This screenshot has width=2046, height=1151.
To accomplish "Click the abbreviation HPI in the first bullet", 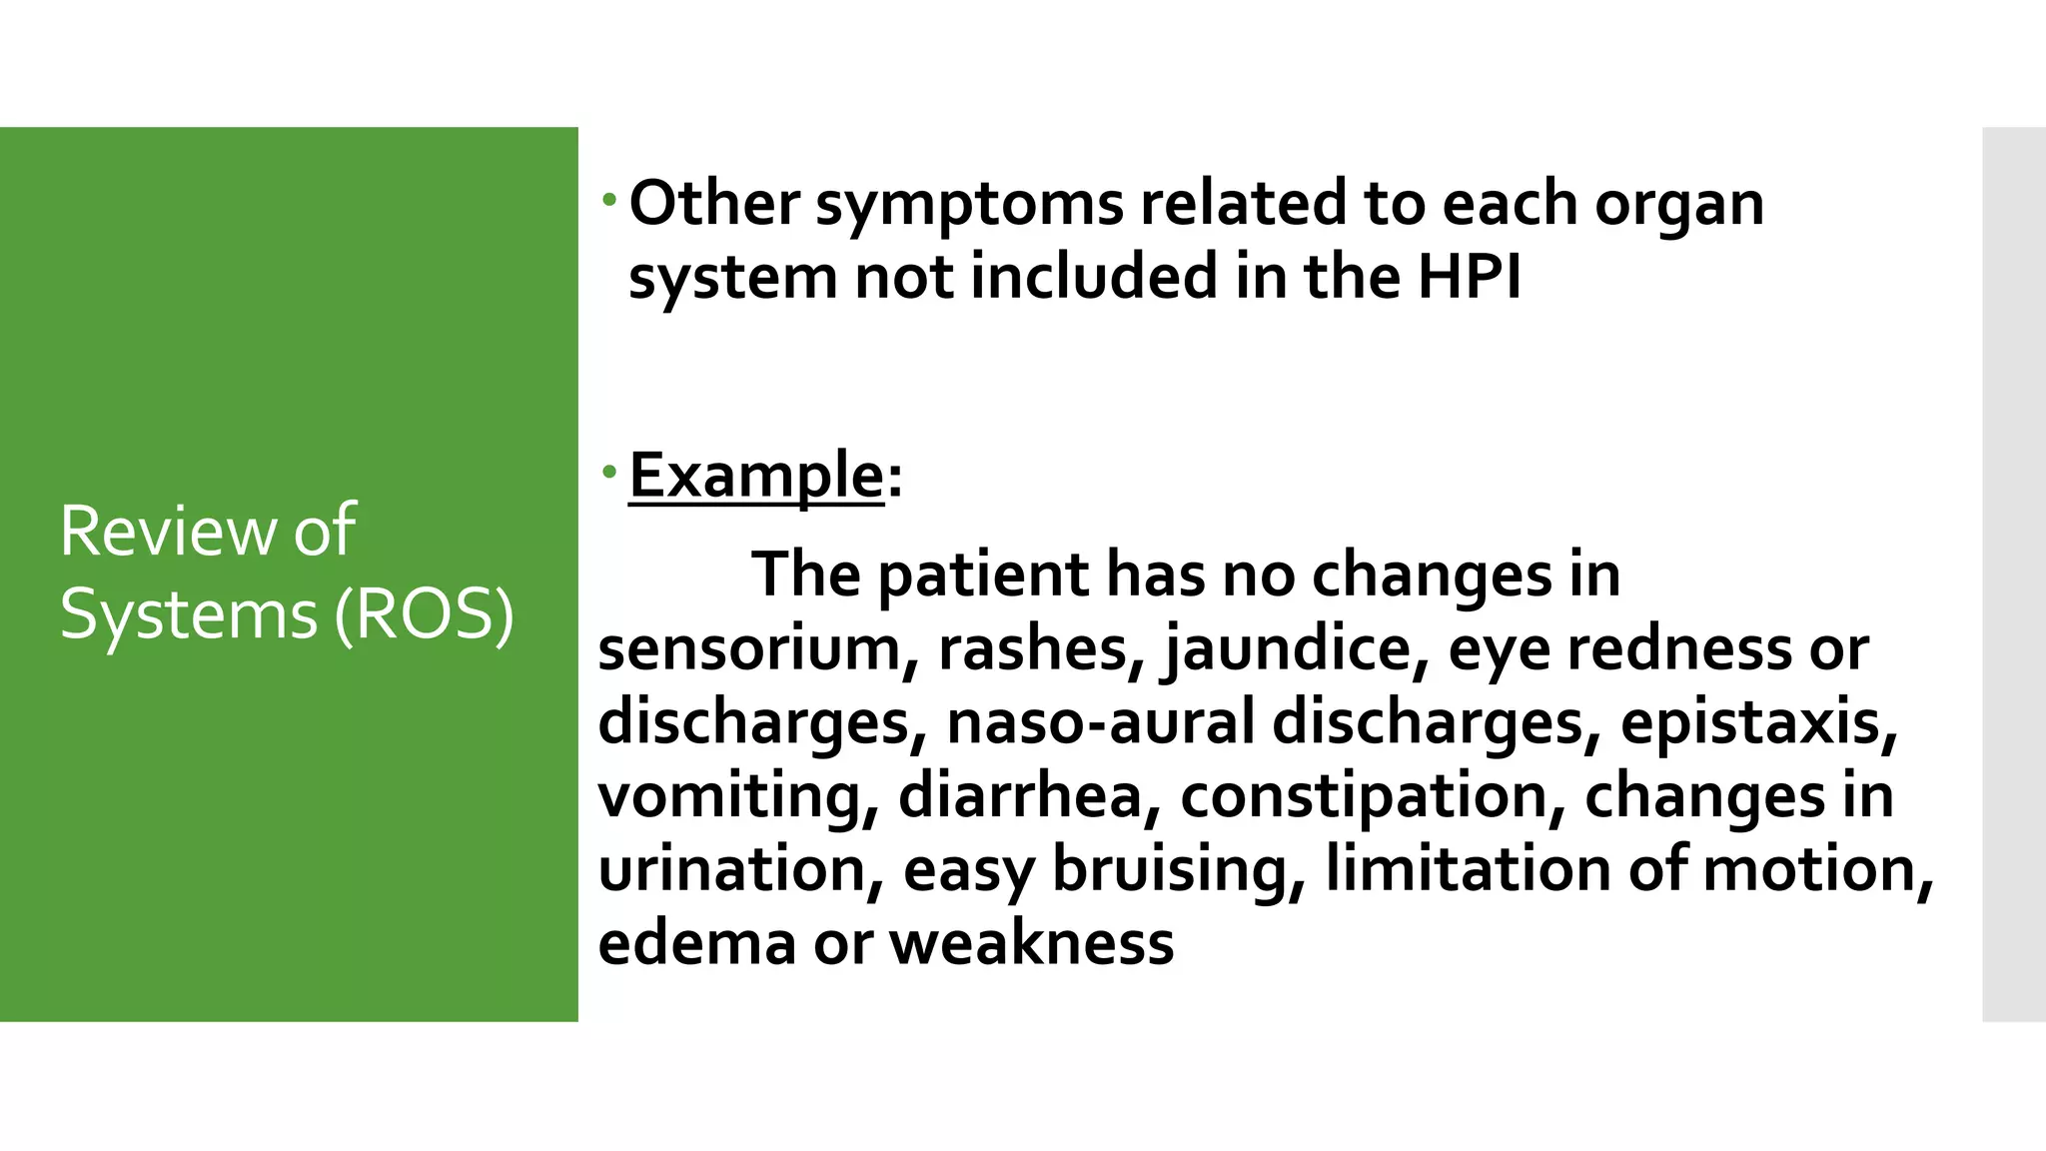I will click(x=1469, y=277).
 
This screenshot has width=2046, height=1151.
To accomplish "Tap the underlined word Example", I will click(x=756, y=476).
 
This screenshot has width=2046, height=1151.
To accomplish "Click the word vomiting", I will click(x=737, y=796).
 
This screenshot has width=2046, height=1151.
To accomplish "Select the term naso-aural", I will click(x=1100, y=723).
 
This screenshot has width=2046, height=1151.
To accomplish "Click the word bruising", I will click(x=1179, y=870).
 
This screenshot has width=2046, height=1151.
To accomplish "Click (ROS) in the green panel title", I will click(x=425, y=614).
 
